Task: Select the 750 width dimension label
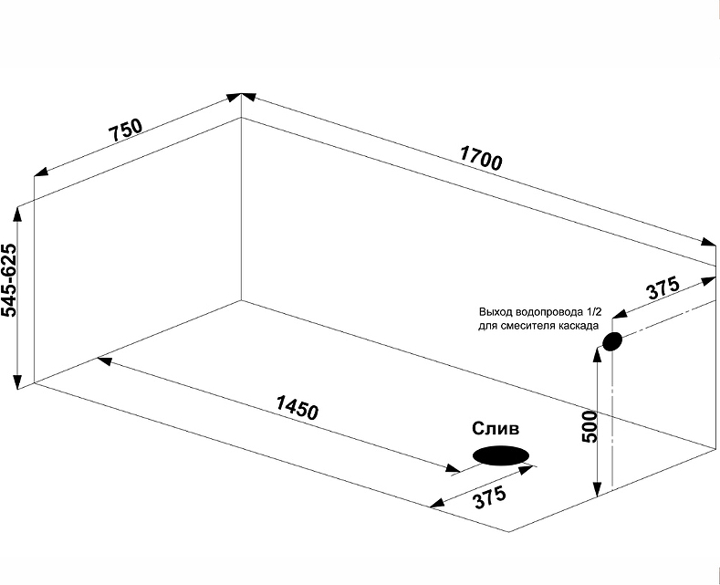tap(126, 131)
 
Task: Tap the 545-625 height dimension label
tap(10, 280)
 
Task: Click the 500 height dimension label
tap(590, 425)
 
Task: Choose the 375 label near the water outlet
tap(663, 288)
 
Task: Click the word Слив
tap(496, 429)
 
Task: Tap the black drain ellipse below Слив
tap(500, 454)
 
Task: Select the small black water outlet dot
tap(611, 342)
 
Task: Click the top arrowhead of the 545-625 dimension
tap(17, 213)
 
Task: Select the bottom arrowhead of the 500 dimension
tap(597, 493)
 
